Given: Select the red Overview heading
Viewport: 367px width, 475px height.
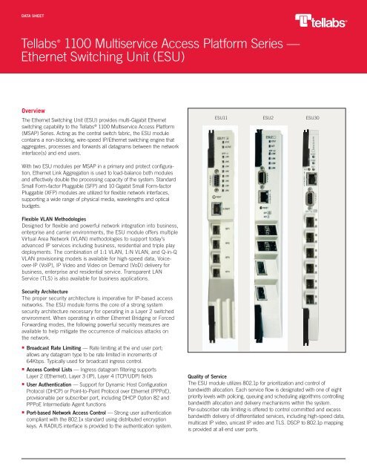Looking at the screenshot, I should tap(38, 110).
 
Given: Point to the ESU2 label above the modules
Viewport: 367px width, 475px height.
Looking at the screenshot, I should tap(267, 117).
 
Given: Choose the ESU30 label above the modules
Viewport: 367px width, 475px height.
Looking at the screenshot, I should tap(313, 117).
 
